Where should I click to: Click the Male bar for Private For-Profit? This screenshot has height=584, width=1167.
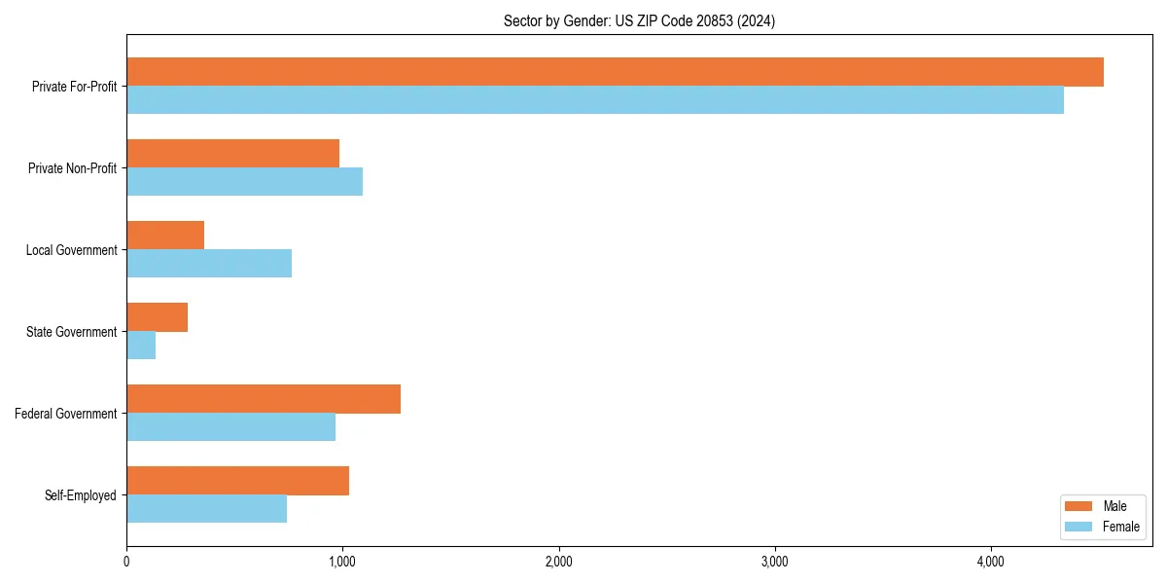tap(615, 72)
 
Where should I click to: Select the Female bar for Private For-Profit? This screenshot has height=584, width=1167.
tap(595, 100)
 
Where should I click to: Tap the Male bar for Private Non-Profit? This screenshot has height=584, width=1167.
tap(233, 154)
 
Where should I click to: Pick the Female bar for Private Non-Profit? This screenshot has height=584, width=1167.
tap(245, 182)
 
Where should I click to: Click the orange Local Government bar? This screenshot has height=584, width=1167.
tap(165, 236)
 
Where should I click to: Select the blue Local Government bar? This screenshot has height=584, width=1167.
tap(209, 264)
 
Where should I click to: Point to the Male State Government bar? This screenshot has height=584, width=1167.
tap(158, 317)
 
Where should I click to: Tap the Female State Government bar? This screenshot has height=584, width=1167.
tap(141, 346)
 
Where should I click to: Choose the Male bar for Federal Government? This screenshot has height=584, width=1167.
tap(264, 399)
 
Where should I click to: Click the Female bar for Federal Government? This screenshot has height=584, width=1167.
tap(231, 427)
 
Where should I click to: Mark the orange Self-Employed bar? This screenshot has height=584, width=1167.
tap(238, 481)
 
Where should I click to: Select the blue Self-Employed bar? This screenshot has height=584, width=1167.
tap(207, 509)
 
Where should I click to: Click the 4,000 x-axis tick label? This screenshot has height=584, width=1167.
tap(990, 562)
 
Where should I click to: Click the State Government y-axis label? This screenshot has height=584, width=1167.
tap(72, 332)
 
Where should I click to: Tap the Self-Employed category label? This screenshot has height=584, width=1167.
tap(81, 495)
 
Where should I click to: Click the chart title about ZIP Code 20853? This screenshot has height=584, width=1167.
tap(639, 20)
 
